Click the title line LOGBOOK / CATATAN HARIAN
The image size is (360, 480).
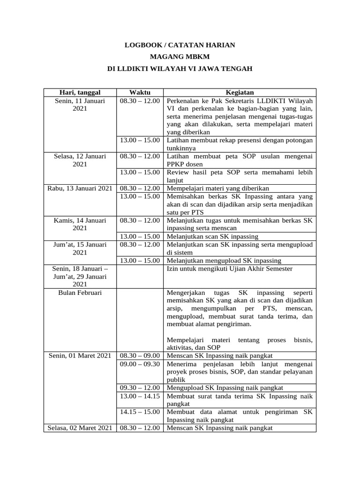coord(180,45)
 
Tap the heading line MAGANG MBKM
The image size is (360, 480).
coord(180,57)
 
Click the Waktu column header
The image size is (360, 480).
coord(140,92)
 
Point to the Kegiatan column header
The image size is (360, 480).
coord(240,92)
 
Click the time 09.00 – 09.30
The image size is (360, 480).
coord(140,364)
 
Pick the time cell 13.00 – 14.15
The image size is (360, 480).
coord(140,396)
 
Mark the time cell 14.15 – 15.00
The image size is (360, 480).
coord(140,412)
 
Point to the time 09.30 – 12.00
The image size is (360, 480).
coord(140,388)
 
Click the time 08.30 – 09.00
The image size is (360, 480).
coord(140,356)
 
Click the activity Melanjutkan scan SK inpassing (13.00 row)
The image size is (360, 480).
coord(212,236)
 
